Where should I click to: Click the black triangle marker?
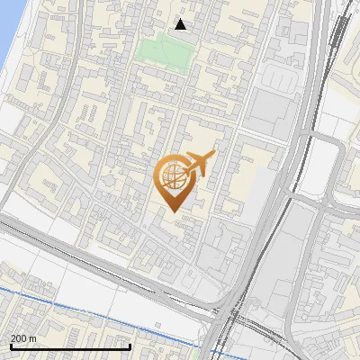[x=181, y=24]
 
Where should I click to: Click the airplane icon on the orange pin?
[x=200, y=162]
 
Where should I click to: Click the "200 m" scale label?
[x=24, y=338]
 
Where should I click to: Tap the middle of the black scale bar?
[x=70, y=346]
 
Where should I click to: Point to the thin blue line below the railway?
[x=90, y=297]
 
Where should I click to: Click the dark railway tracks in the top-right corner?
[x=340, y=36]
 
